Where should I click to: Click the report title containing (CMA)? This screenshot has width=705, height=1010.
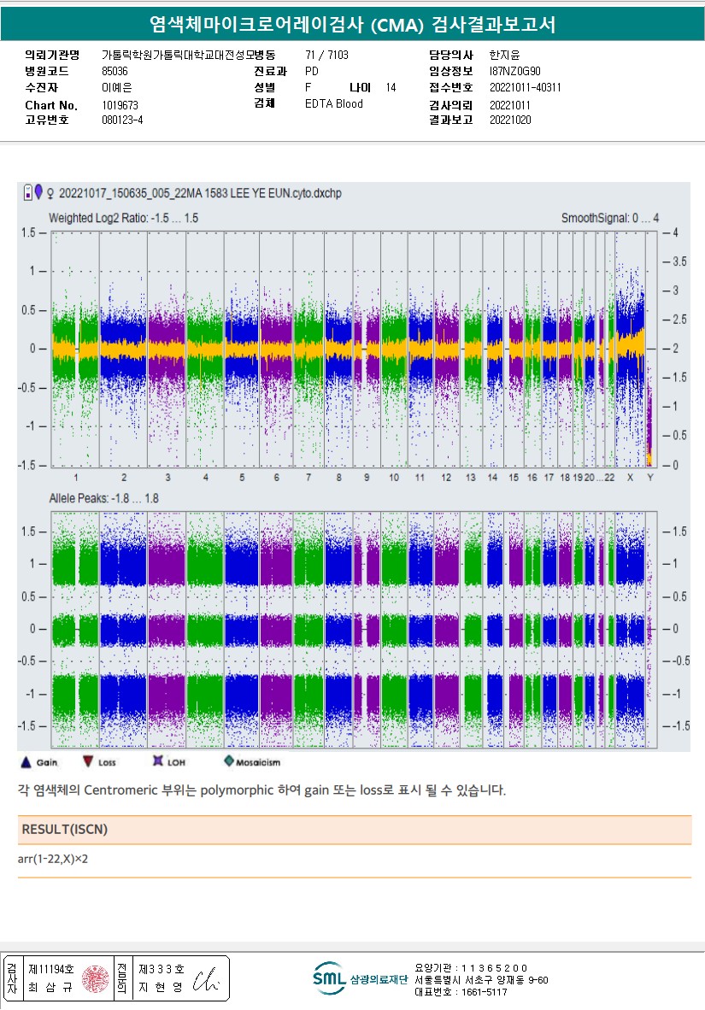[x=352, y=25]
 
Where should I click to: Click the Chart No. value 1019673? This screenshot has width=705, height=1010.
[x=120, y=105]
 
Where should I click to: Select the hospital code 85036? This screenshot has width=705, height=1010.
[x=115, y=72]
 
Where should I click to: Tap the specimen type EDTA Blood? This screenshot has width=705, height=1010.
[x=334, y=104]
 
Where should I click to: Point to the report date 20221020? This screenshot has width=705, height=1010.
[x=510, y=120]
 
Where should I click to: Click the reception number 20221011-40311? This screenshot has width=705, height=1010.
[x=526, y=88]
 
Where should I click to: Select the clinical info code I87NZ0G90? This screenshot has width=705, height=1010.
[x=515, y=72]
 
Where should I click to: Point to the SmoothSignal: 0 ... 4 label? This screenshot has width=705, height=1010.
[x=609, y=219]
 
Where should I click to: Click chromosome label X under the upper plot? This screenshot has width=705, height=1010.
[x=631, y=477]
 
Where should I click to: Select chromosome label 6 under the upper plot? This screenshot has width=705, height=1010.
[x=276, y=477]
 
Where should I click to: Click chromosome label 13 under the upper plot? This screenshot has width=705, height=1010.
[x=471, y=477]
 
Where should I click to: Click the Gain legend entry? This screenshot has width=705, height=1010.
[x=39, y=761]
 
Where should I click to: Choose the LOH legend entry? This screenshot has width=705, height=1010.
[x=168, y=761]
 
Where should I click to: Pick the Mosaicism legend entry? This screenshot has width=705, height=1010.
[x=252, y=761]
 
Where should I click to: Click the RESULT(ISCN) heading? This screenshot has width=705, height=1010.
[x=65, y=830]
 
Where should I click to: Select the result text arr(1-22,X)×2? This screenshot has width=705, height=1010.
[x=53, y=859]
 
